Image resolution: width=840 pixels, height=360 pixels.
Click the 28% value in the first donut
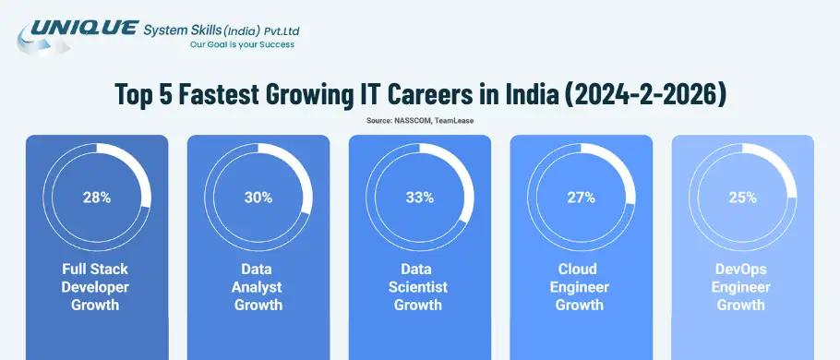[96, 197]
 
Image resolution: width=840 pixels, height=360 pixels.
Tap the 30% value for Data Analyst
[258, 197]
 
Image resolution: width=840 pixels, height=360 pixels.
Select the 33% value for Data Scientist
[419, 197]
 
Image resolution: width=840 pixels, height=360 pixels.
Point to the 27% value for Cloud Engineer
[581, 197]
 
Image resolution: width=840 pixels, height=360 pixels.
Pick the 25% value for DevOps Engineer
[742, 197]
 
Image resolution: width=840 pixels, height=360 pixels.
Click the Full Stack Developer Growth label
[96, 286]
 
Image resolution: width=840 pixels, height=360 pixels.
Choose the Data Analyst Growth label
[258, 286]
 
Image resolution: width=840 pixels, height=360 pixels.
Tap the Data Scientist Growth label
[419, 286]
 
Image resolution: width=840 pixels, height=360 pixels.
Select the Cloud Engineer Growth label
[581, 286]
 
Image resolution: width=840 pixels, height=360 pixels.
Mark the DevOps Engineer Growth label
[742, 286]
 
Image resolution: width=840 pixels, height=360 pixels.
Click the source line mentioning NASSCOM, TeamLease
[419, 121]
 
